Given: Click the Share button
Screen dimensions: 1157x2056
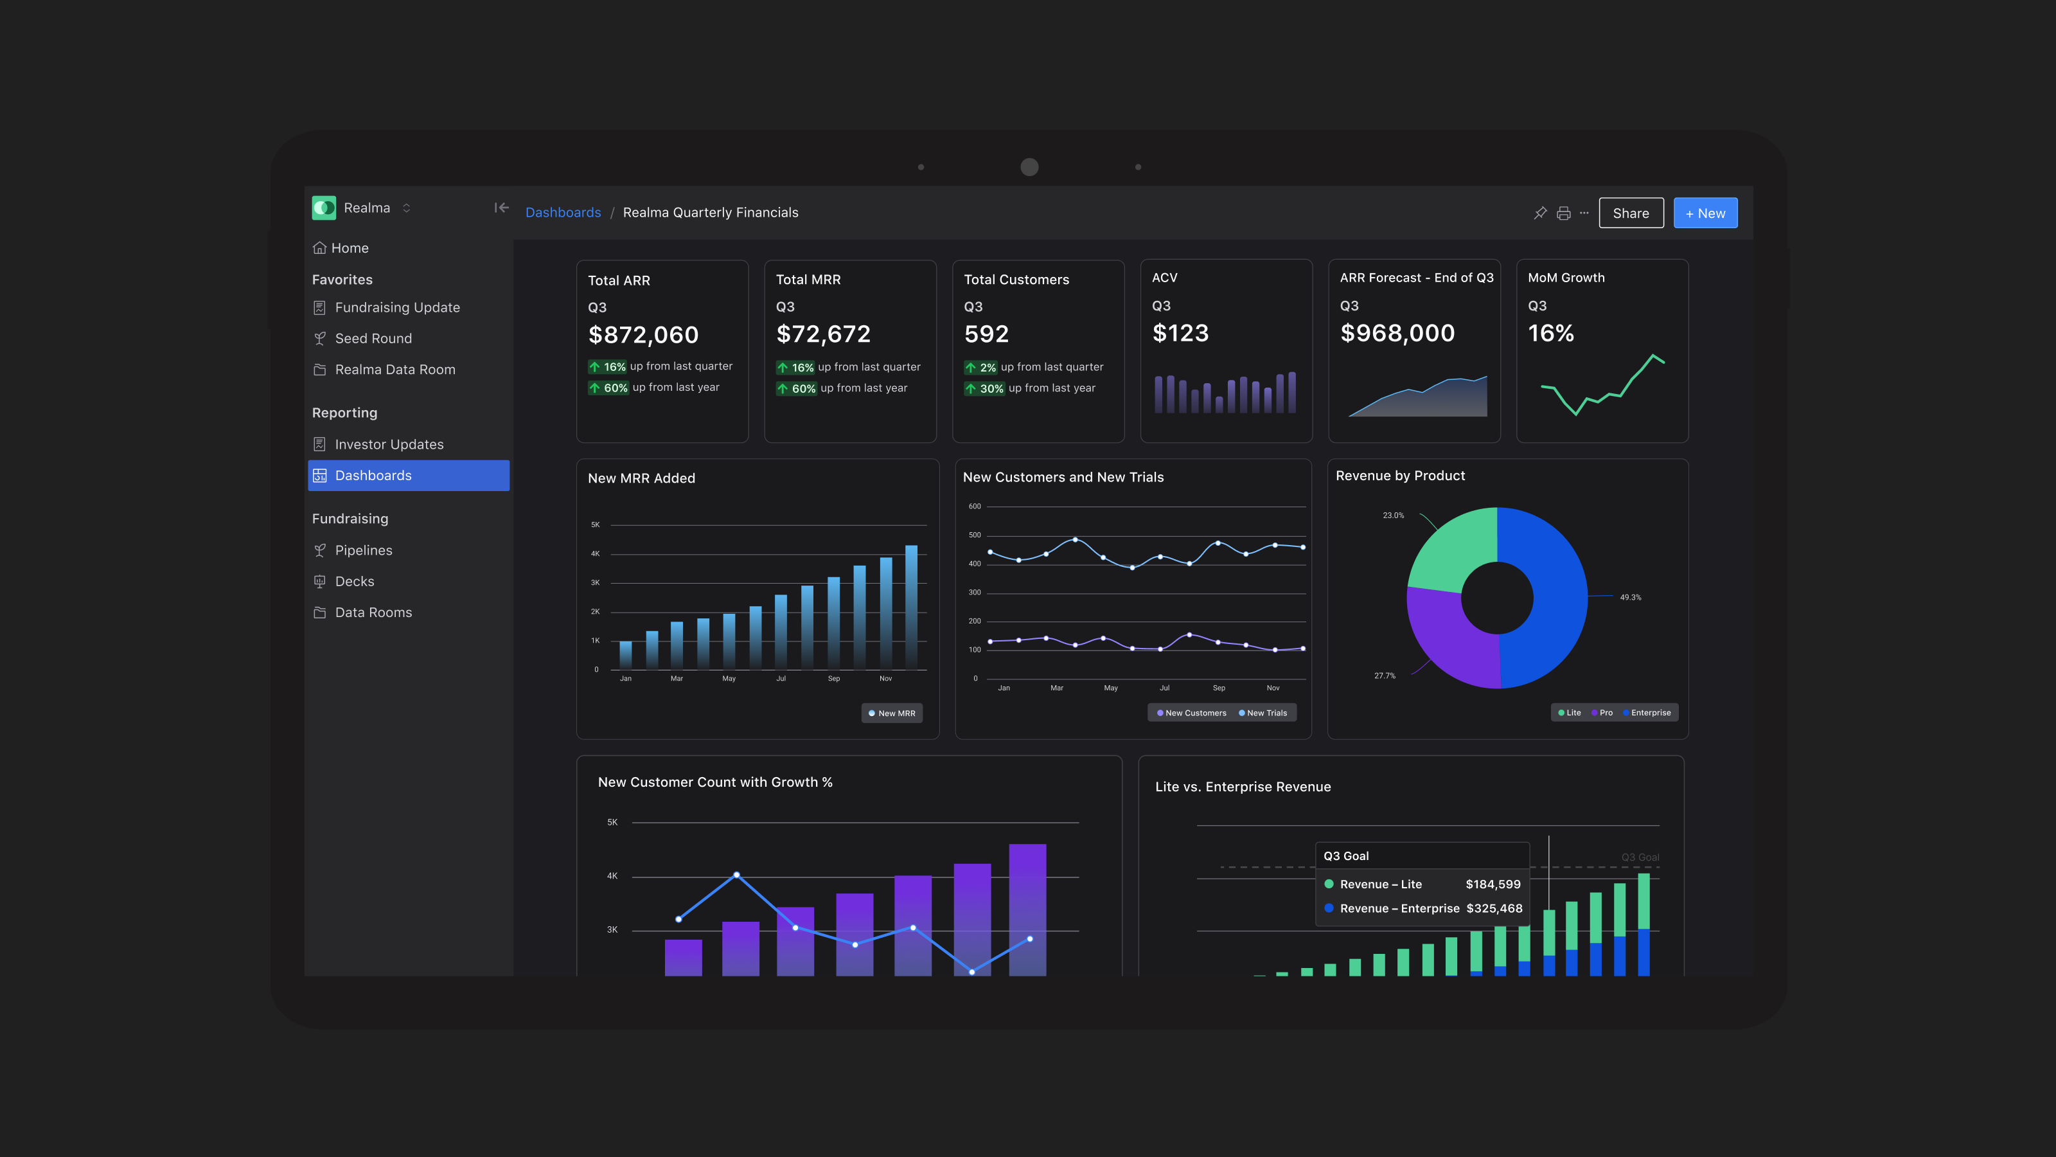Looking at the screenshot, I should [x=1631, y=213].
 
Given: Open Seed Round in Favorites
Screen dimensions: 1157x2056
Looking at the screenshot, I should [x=373, y=339].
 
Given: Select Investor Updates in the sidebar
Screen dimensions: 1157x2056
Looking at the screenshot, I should [x=389, y=444].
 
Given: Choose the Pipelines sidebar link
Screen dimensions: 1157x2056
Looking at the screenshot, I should [x=363, y=550].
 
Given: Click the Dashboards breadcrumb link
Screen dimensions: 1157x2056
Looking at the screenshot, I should [x=563, y=212].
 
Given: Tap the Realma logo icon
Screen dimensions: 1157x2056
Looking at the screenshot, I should [x=324, y=208].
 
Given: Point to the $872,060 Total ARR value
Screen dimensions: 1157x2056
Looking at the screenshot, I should [x=643, y=334].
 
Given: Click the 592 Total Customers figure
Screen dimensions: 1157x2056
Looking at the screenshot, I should [x=986, y=334].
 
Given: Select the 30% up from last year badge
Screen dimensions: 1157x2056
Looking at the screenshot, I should [x=991, y=388].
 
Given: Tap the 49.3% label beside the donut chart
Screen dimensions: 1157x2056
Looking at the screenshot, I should [x=1631, y=597].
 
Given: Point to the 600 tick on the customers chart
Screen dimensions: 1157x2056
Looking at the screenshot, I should [x=975, y=507].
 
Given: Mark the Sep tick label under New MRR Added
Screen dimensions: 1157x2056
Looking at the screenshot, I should [x=833, y=679].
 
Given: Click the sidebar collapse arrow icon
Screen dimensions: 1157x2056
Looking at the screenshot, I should [x=501, y=208].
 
